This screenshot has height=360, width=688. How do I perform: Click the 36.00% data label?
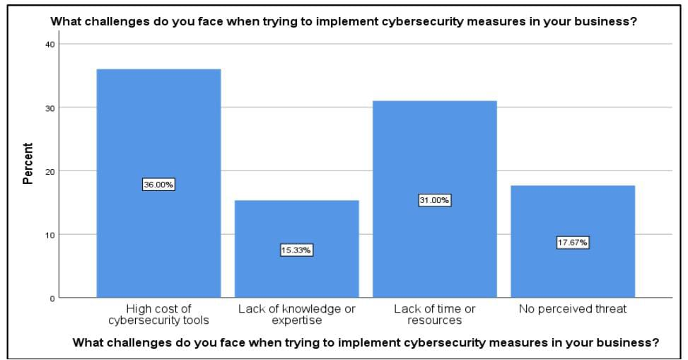[158, 185]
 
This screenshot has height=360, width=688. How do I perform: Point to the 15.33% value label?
[296, 250]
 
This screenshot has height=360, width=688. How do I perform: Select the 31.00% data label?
[434, 200]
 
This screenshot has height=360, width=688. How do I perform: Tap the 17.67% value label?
[573, 243]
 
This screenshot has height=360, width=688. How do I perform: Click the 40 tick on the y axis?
[49, 44]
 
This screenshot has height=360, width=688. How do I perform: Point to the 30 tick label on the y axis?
[49, 108]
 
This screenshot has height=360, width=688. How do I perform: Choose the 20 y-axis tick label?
[49, 171]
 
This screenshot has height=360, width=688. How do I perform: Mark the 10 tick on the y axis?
[49, 234]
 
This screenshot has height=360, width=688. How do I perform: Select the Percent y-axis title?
[28, 163]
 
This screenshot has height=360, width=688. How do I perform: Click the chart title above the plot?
[344, 21]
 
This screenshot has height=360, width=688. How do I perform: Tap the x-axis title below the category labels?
[366, 343]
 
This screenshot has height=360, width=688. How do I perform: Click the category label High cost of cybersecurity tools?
[158, 315]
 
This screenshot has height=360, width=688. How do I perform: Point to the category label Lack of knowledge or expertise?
[296, 315]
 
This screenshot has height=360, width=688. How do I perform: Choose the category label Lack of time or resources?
[434, 315]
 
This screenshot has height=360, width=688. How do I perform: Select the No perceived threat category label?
[573, 309]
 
